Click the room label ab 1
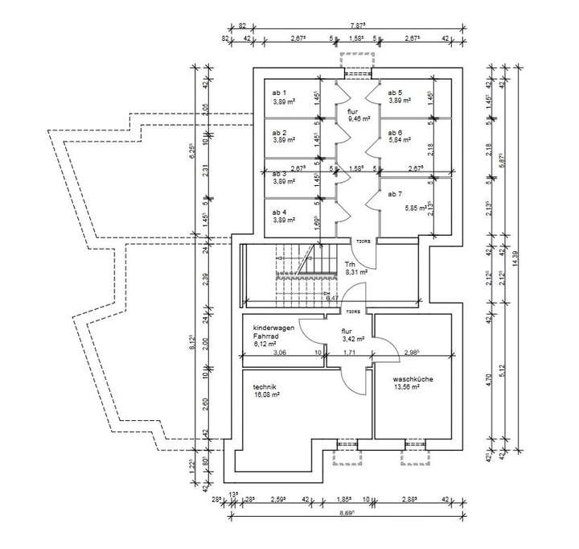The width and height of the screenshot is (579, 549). (279, 93)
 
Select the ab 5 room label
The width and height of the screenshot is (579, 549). (395, 93)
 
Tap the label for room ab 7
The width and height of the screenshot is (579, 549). (394, 194)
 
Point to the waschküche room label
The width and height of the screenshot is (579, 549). (413, 378)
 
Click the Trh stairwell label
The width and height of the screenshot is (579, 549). (350, 264)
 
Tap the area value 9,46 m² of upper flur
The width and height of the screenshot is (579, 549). (358, 118)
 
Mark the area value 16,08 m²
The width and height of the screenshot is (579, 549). (266, 395)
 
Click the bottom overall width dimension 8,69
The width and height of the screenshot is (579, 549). (348, 513)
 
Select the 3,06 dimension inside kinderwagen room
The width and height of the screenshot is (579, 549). (279, 353)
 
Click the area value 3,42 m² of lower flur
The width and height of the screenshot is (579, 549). (353, 339)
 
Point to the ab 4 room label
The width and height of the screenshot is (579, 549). (279, 212)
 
